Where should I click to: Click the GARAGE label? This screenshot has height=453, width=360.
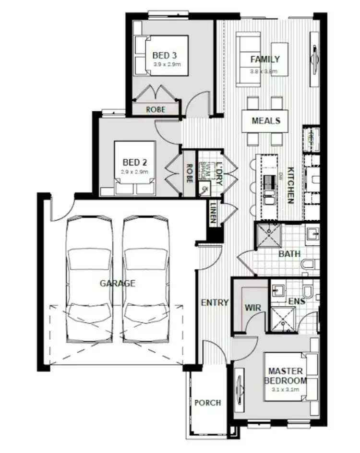117,283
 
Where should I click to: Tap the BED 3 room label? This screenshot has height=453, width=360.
164,55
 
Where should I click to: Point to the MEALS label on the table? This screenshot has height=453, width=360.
266,120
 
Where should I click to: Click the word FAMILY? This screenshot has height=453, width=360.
265,60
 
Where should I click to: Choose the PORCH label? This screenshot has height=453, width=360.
207,402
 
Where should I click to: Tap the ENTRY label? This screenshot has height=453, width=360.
214,302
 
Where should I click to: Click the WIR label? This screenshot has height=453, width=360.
252,306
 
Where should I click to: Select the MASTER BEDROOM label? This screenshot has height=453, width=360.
286,376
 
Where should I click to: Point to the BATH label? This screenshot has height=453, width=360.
289,253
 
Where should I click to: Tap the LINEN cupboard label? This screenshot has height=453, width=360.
213,215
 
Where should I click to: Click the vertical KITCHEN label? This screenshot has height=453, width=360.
290,185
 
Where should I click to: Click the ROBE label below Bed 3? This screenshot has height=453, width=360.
155,109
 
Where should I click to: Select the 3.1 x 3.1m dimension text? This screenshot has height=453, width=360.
286,390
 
